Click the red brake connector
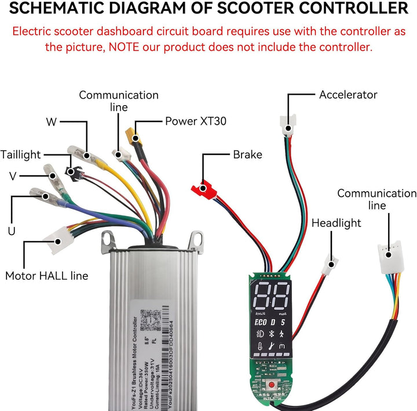pos(203,188)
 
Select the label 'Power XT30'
pos(195,121)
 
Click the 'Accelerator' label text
pos(348,94)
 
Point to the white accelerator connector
pos(287,126)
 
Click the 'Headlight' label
pos(336,223)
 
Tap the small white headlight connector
pos(330,267)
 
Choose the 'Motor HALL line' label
pos(47,276)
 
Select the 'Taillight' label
pos(21,154)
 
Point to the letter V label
pos(13,175)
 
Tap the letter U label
pos(11,231)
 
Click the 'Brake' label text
pos(247,154)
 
